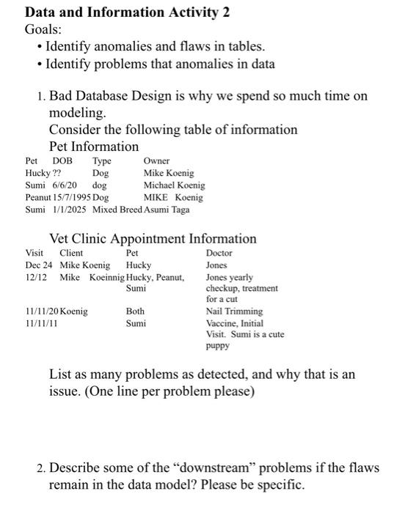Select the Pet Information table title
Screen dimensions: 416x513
(93, 147)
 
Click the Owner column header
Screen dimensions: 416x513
(156, 160)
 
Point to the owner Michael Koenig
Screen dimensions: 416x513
(174, 185)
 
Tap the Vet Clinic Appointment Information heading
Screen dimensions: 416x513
(153, 238)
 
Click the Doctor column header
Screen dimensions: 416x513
(219, 253)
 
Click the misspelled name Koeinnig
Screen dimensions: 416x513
(107, 278)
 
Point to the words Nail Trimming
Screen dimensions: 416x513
(234, 311)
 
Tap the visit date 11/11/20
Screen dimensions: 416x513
(42, 311)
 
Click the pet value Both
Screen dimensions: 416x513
(135, 311)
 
